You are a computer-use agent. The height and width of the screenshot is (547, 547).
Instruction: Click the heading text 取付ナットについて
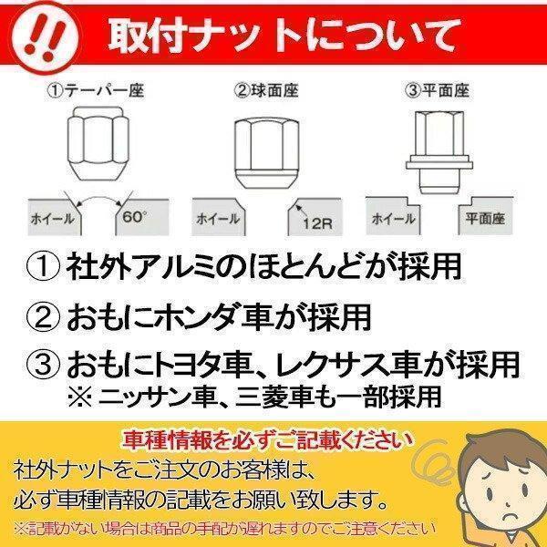tap(284, 37)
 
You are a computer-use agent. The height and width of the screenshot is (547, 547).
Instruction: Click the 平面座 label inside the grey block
tap(484, 219)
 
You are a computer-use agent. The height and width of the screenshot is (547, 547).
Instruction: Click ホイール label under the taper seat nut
tap(52, 220)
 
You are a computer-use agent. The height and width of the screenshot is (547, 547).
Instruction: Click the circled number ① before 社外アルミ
tap(45, 268)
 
